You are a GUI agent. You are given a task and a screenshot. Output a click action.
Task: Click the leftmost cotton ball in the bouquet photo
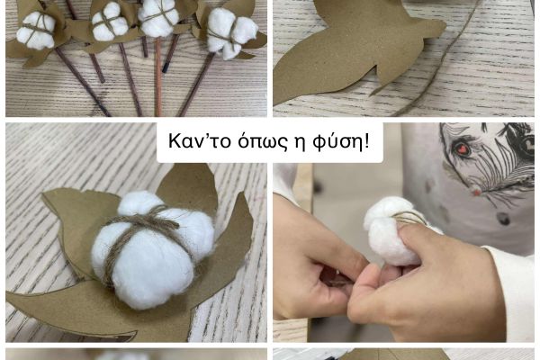(x=36, y=31)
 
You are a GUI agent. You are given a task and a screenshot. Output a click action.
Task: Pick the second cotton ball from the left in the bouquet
(x=110, y=22)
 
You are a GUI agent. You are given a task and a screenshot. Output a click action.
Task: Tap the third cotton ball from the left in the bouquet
(x=158, y=17)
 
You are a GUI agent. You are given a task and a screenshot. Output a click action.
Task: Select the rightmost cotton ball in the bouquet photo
(x=232, y=32)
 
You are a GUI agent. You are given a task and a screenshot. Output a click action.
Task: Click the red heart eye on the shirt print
(x=461, y=148)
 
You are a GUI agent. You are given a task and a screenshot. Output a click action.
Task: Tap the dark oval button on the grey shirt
(x=503, y=219)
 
